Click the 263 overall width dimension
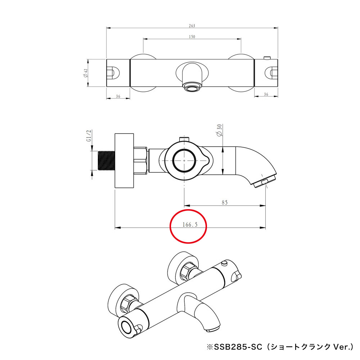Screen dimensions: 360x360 tap(192, 26)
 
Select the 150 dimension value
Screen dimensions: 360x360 tap(192, 37)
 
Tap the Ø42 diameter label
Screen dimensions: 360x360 tap(85, 73)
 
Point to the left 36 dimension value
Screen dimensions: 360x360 tap(118, 96)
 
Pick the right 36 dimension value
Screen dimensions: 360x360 tap(266, 94)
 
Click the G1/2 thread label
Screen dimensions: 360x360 tap(89, 135)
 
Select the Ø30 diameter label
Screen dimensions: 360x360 tap(220, 130)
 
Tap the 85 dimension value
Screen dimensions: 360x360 tap(225, 202)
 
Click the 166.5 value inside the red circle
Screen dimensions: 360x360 tap(190, 224)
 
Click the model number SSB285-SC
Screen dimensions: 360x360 tap(238, 347)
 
